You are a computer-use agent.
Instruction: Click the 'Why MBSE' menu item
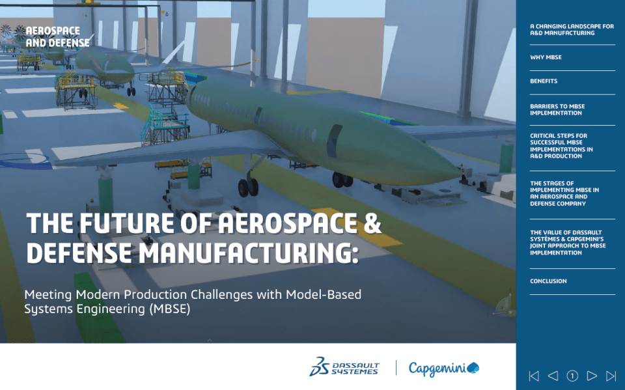tap(546, 57)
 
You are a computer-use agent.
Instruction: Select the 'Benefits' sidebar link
tap(544, 81)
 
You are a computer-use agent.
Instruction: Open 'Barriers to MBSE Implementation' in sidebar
tap(557, 109)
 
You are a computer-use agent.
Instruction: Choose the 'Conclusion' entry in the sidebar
tap(548, 281)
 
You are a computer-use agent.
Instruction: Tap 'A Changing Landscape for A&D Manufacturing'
tap(572, 29)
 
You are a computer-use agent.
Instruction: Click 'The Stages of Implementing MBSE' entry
tap(564, 193)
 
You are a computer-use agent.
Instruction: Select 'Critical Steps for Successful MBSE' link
tap(561, 146)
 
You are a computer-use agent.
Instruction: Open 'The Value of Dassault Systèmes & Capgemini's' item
tap(568, 242)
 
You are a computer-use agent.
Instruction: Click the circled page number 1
tap(572, 376)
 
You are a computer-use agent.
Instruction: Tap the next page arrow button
tap(592, 376)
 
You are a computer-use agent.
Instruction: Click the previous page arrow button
tap(553, 376)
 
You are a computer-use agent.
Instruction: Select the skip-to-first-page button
tap(534, 376)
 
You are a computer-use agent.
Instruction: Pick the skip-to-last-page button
tap(611, 376)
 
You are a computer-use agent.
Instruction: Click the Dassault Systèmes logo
tap(344, 367)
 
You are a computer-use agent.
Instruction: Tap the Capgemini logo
tap(444, 368)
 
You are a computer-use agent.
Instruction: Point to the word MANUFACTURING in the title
tap(245, 253)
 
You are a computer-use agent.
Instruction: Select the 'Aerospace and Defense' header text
tap(58, 36)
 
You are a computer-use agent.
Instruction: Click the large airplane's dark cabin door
tap(334, 141)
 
